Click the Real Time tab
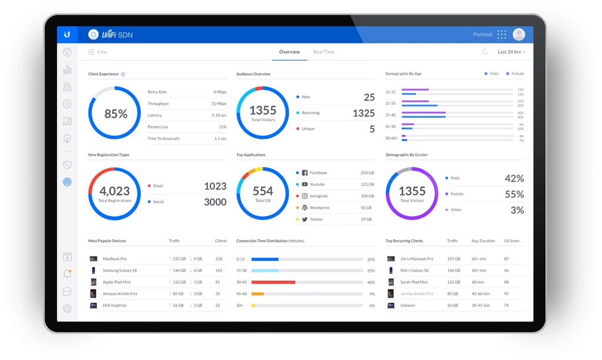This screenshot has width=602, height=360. [x=323, y=52]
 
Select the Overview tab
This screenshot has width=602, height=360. [x=289, y=52]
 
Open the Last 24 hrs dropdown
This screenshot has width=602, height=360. [x=511, y=52]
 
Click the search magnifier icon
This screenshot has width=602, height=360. [x=485, y=52]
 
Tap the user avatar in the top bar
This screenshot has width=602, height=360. [x=519, y=35]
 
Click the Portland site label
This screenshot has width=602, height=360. [x=483, y=35]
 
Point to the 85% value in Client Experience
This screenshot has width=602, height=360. [x=115, y=114]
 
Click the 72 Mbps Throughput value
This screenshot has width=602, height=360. [x=219, y=104]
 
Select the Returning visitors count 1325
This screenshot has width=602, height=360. [x=363, y=113]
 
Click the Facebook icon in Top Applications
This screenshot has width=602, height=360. [x=305, y=173]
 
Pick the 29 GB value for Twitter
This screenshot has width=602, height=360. [x=366, y=219]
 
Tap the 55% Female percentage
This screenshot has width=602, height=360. [x=514, y=194]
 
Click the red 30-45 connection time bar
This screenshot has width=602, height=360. [x=273, y=282]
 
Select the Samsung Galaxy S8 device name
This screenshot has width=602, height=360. [x=119, y=271]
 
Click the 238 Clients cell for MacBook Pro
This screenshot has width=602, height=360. [x=219, y=259]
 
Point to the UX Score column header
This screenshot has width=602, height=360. [x=510, y=241]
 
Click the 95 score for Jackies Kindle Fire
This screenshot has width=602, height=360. [x=506, y=294]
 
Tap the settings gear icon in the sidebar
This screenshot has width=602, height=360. [x=67, y=308]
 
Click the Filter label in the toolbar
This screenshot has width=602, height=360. [x=102, y=52]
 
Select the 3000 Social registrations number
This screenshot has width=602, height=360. [x=215, y=202]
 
